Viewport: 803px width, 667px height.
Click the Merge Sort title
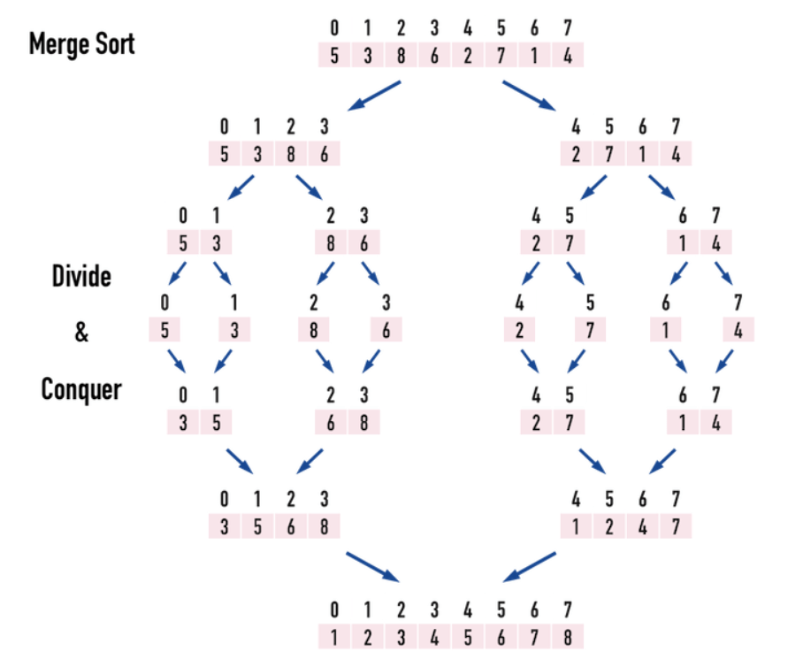pyautogui.click(x=81, y=43)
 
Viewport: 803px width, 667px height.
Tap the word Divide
pyautogui.click(x=80, y=276)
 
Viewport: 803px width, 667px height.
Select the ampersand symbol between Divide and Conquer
pyautogui.click(x=81, y=333)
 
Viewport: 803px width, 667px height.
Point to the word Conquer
pyautogui.click(x=80, y=388)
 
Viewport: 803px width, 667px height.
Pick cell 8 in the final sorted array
pyautogui.click(x=567, y=637)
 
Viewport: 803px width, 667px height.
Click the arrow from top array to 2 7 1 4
pyautogui.click(x=528, y=96)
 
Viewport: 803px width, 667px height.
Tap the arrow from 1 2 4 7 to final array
pyautogui.click(x=530, y=567)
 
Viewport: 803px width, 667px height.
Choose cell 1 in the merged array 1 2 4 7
pyautogui.click(x=576, y=526)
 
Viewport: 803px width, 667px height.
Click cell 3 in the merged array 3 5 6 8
pyautogui.click(x=225, y=526)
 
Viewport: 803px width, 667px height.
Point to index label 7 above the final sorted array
pyautogui.click(x=567, y=610)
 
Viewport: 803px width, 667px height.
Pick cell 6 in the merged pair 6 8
pyautogui.click(x=331, y=423)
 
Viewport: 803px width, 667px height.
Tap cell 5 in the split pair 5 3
pyautogui.click(x=183, y=242)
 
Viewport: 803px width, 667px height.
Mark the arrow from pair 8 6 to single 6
pyautogui.click(x=371, y=272)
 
